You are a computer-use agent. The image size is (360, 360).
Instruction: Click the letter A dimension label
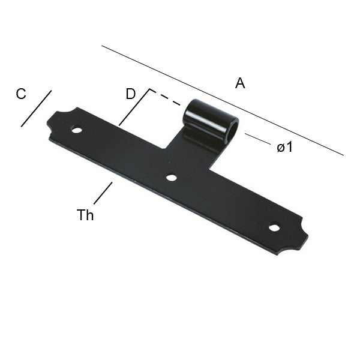[240, 84]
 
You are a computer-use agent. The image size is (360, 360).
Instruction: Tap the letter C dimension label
[21, 94]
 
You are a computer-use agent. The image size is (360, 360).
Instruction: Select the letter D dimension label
[131, 94]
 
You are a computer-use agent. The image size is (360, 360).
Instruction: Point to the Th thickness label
[85, 215]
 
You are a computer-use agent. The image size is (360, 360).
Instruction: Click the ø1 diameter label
[285, 146]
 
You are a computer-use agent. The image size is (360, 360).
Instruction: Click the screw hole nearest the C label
[76, 129]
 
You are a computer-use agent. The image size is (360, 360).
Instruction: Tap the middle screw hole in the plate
[171, 178]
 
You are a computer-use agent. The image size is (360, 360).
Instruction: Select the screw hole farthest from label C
[274, 227]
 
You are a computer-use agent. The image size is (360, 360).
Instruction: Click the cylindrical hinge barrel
[207, 120]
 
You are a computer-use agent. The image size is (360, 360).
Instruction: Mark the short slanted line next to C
[36, 109]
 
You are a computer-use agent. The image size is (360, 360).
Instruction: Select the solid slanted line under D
[134, 108]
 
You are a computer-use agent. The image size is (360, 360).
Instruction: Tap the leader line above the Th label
[103, 193]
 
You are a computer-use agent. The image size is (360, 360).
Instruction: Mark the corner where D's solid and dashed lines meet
[149, 91]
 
